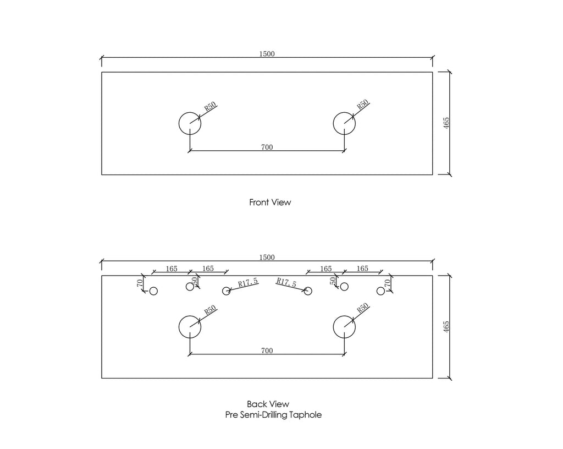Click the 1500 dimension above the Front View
tap(267, 54)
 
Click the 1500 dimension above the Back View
tap(267, 257)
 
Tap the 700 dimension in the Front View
tap(267, 147)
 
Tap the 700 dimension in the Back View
tap(267, 351)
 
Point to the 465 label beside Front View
tap(446, 123)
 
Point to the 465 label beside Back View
tap(446, 326)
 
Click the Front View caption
tap(270, 202)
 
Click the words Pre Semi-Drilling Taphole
tap(273, 415)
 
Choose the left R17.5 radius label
tap(248, 283)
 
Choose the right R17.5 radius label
tap(286, 283)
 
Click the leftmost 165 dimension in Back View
tap(172, 269)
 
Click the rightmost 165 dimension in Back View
tap(362, 269)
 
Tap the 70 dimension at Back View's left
tap(140, 283)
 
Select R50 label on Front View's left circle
tap(211, 106)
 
